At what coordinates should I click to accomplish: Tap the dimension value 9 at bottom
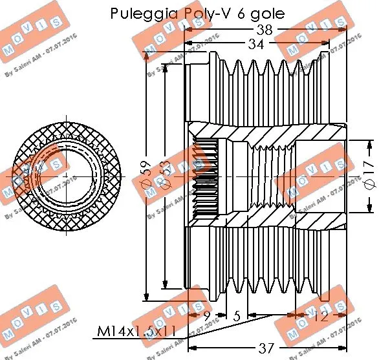pyautogui.click(x=206, y=317)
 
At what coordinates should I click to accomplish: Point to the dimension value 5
pyautogui.click(x=237, y=317)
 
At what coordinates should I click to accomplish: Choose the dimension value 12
pyautogui.click(x=320, y=317)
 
